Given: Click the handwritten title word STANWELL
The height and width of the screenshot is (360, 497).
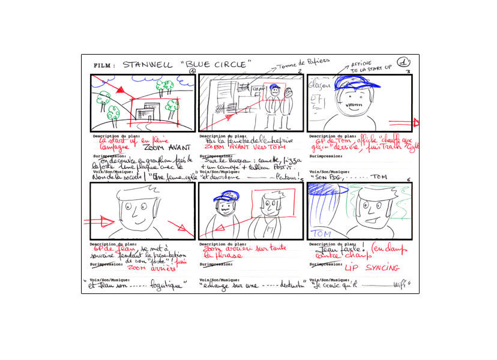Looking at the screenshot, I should pyautogui.click(x=145, y=65).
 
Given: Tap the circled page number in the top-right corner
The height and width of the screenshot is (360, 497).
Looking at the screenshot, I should pyautogui.click(x=404, y=62).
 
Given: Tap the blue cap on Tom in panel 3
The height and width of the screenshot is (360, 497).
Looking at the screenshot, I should pyautogui.click(x=357, y=85).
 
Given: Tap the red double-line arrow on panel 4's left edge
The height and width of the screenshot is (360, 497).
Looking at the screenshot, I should pyautogui.click(x=97, y=221).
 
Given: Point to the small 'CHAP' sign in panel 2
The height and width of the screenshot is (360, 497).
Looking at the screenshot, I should pyautogui.click(x=258, y=89).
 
